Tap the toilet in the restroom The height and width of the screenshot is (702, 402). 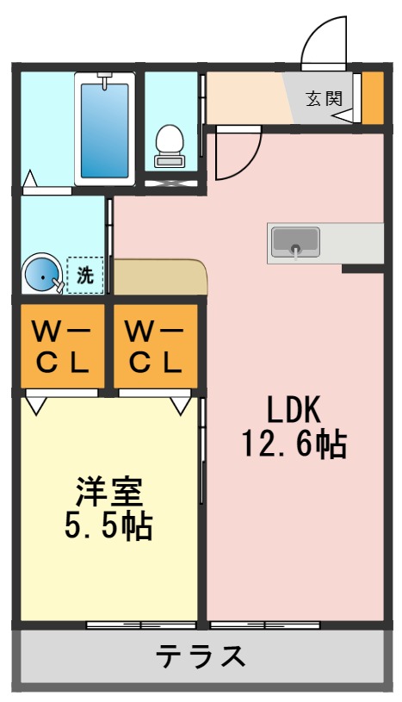(170, 146)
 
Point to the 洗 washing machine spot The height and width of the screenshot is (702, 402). (85, 276)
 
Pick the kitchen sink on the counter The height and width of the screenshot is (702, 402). (295, 243)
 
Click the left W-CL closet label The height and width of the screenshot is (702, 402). (62, 346)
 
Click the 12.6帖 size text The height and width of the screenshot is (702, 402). (293, 444)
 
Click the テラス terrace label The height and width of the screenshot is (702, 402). (201, 657)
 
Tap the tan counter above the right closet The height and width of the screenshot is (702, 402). (159, 277)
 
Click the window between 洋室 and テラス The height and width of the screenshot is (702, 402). (141, 623)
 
